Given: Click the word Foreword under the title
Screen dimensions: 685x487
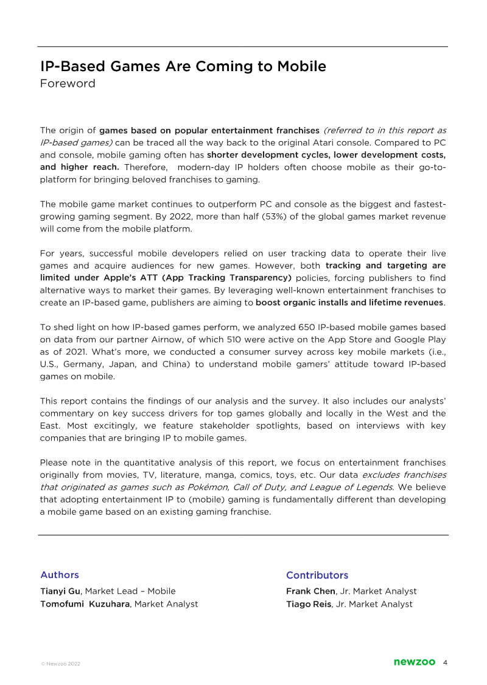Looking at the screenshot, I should point(68,84).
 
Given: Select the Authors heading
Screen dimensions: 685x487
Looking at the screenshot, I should point(60,575).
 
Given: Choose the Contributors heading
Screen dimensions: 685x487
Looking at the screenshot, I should point(317,575).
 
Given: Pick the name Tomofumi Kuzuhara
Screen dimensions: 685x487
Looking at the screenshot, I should point(85,604).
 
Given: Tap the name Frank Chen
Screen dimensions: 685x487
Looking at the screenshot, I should point(310,591).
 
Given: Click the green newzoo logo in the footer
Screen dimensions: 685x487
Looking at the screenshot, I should point(415,662).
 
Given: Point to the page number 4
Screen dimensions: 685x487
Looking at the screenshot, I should point(446,662).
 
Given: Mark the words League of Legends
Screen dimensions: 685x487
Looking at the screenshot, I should point(353,486).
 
